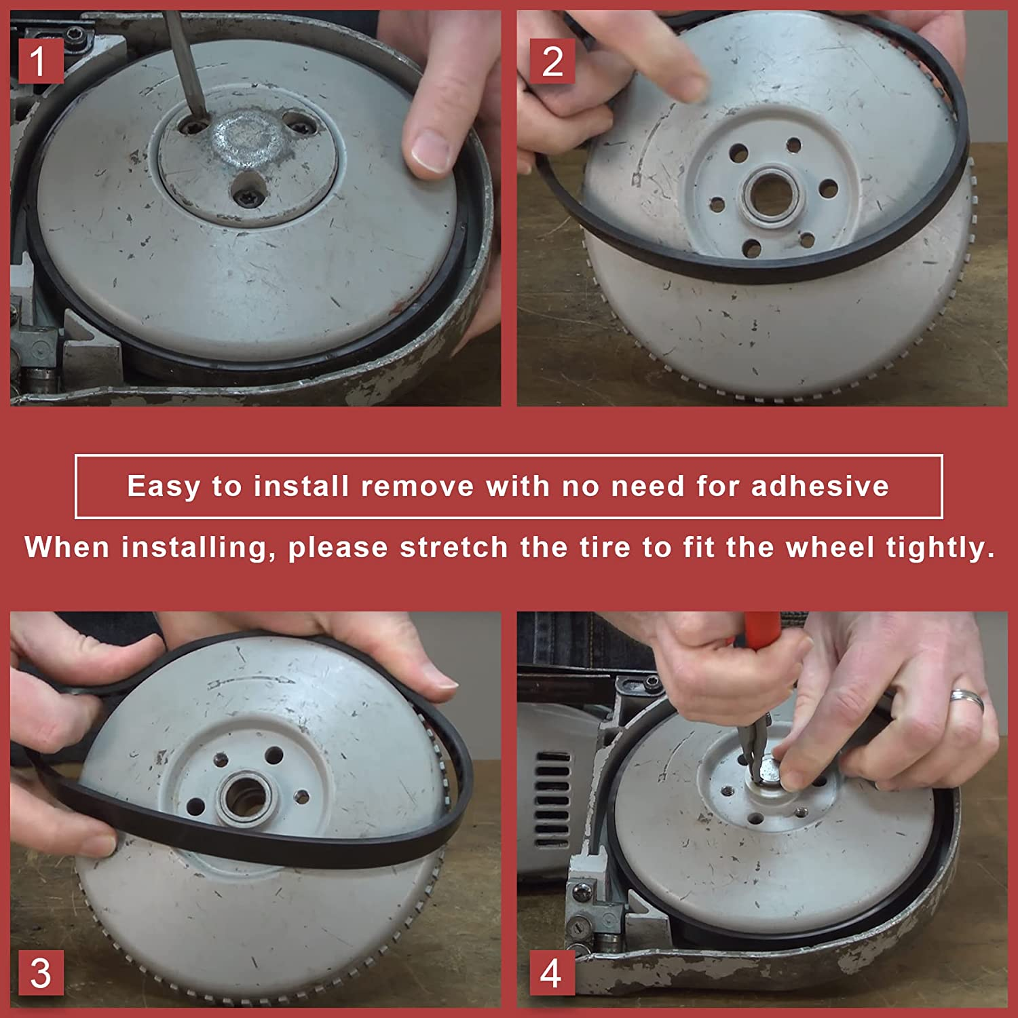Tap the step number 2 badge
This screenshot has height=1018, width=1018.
pyautogui.click(x=552, y=61)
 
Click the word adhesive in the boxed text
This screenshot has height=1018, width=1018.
pyautogui.click(x=820, y=487)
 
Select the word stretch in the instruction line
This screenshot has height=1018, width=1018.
pyautogui.click(x=453, y=548)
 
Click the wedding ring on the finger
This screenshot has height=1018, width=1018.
pyautogui.click(x=966, y=698)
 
